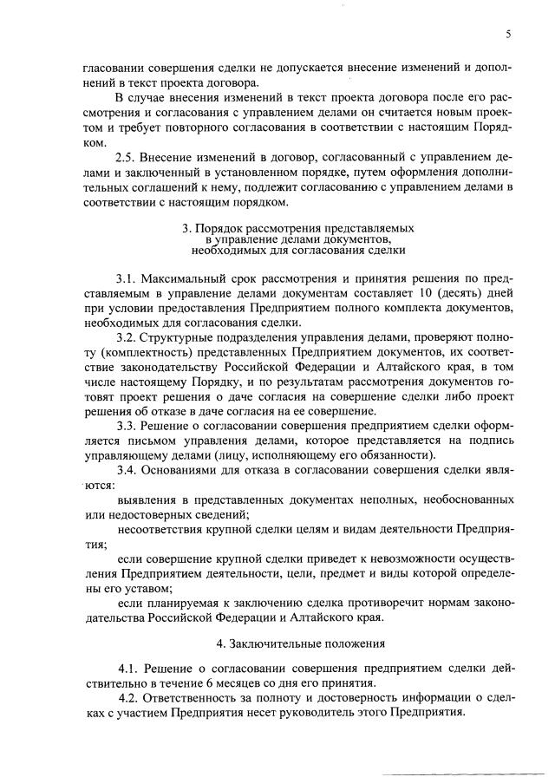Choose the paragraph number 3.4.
point(127,471)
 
